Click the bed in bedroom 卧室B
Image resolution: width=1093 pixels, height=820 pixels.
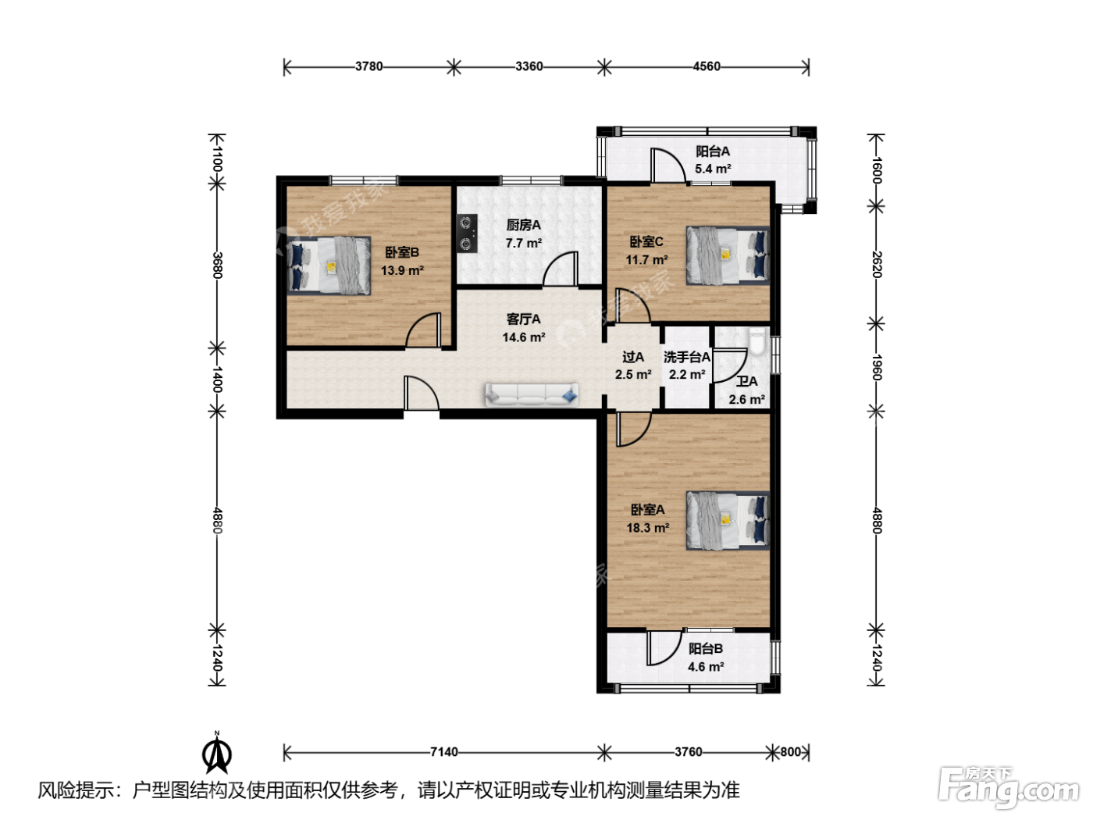pos(329,266)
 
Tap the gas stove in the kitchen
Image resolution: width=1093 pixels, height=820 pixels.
pos(467,234)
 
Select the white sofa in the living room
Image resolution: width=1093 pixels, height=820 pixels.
pos(532,395)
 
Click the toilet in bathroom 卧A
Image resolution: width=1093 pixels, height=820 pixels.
pos(757,341)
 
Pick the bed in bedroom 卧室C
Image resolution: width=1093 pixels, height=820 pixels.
pos(728,256)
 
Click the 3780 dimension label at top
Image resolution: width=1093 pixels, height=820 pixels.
pos(369,66)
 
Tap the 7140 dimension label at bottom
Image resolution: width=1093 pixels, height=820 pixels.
pos(443,751)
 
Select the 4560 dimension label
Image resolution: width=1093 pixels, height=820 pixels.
pos(707,66)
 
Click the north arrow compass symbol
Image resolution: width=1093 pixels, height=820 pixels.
pos(216,752)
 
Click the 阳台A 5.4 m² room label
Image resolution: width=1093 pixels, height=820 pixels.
pos(713,160)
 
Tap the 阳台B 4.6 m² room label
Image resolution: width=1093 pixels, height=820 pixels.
pos(706,658)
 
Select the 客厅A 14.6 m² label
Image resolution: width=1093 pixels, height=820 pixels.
pos(523,327)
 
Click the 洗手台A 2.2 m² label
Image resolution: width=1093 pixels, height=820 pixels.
pos(687,365)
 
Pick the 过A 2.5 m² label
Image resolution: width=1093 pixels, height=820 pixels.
pos(633,365)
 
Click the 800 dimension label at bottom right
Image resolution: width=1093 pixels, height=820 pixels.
pos(790,751)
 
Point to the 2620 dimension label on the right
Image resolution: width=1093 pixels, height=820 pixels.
pos(877,265)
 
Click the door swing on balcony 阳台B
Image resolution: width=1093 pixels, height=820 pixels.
pos(664,647)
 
